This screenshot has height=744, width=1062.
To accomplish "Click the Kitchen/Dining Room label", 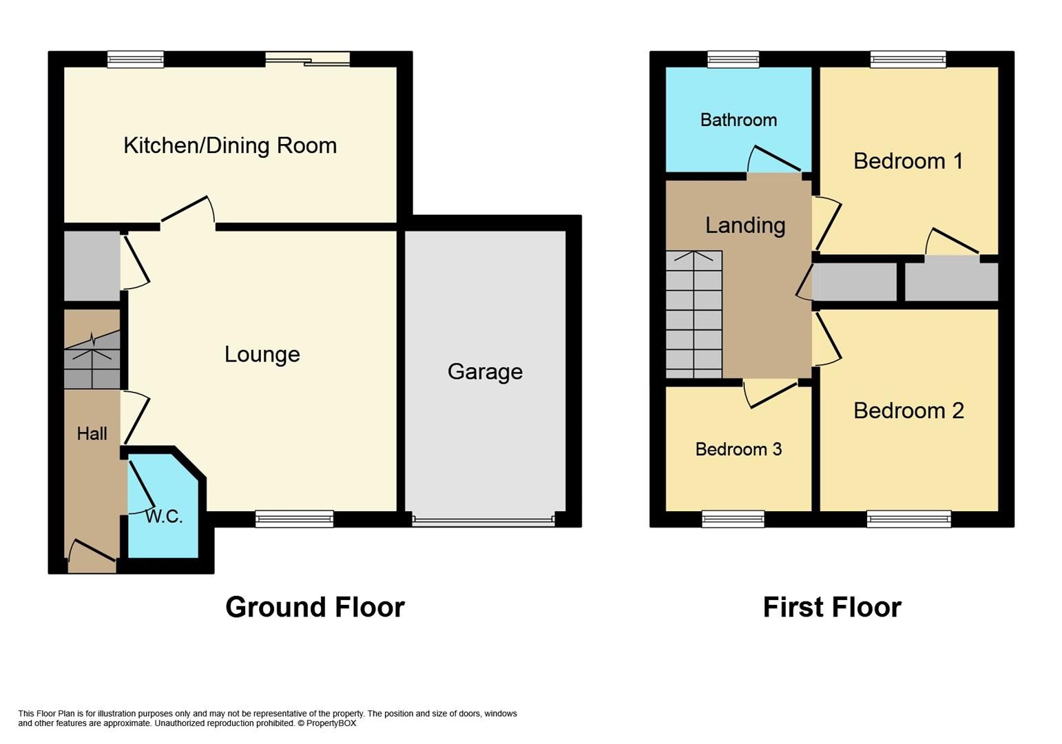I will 230,145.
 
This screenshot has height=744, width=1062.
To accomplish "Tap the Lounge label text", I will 262,354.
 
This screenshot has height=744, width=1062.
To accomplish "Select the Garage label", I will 485,371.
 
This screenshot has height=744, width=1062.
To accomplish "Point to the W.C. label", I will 164,517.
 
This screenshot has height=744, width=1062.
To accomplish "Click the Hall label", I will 92,433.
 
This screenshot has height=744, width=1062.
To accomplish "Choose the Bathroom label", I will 738,120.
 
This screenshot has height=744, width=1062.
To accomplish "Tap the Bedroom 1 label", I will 908,161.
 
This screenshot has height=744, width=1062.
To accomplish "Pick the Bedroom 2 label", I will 908,411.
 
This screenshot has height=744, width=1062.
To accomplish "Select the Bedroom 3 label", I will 738,449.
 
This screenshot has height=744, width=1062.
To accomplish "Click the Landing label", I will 745,225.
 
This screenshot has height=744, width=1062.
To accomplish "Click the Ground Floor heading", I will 315,607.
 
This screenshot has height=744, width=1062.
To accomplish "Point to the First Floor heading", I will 832,607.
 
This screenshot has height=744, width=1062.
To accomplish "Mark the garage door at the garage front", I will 483,521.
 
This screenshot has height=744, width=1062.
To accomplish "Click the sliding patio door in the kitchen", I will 308,60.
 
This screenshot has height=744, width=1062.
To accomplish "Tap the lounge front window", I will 294,519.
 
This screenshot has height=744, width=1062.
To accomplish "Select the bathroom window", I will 733,60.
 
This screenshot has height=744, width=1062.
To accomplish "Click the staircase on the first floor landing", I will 694,314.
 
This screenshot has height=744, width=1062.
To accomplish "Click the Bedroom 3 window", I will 733,519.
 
